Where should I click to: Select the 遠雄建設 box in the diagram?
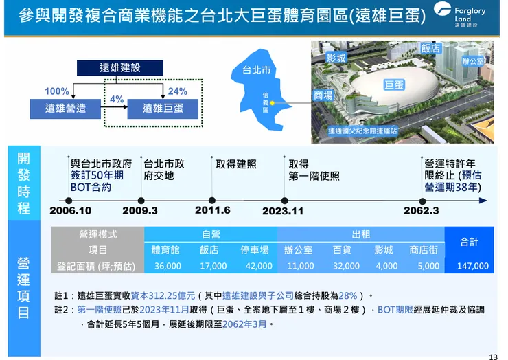pyautogui.click(x=119, y=67)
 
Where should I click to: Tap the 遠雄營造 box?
pyautogui.click(x=65, y=108)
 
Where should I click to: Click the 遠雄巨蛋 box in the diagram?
pyautogui.click(x=163, y=108)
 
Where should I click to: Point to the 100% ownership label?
pyautogui.click(x=56, y=91)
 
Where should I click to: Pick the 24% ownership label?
pyautogui.click(x=177, y=91)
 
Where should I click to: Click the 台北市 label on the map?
pyautogui.click(x=256, y=70)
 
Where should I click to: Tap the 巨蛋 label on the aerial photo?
pyautogui.click(x=394, y=85)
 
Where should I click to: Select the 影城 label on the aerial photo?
pyautogui.click(x=336, y=58)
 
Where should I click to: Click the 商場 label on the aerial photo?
pyautogui.click(x=323, y=95)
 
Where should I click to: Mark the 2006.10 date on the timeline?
pyautogui.click(x=70, y=210)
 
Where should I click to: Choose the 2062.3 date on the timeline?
pyautogui.click(x=421, y=210)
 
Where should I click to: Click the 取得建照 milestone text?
pyautogui.click(x=235, y=164)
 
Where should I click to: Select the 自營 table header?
pyautogui.click(x=211, y=234)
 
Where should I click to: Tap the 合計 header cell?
pyautogui.click(x=469, y=242)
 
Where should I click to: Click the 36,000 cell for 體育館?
pyautogui.click(x=168, y=266)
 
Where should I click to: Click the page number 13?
pyautogui.click(x=493, y=356)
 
